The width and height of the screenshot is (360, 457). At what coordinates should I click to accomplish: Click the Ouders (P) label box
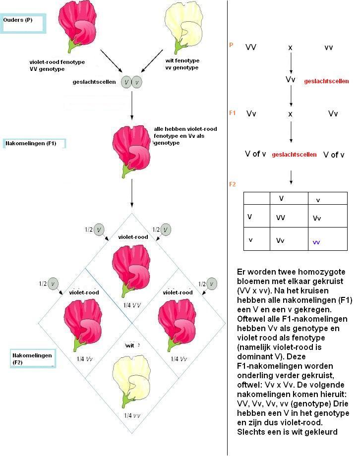point(23,23)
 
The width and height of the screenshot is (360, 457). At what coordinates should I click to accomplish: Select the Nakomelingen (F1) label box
point(34,143)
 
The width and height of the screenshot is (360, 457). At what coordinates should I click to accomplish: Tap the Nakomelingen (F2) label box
point(33,358)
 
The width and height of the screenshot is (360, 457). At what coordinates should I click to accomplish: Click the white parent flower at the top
point(183,27)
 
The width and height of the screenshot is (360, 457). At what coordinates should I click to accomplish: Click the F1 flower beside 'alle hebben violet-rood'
point(131,151)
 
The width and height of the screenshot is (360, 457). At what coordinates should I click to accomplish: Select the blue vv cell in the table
point(316,242)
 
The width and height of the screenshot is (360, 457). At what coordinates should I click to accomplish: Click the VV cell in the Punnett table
point(281,218)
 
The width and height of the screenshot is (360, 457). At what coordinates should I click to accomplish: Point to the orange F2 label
point(233,184)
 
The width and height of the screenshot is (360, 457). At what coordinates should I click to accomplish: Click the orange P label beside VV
point(231,45)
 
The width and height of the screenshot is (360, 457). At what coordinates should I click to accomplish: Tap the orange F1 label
point(233,113)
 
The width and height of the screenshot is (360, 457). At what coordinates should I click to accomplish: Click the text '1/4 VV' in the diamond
point(132,305)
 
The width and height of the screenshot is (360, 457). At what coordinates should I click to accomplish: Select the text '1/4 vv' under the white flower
point(132,415)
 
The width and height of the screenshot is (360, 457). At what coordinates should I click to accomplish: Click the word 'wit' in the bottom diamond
point(130,345)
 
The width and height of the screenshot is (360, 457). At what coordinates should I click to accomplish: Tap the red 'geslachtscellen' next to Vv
point(326,81)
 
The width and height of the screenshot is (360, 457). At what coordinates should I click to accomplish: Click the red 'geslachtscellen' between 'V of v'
point(294,155)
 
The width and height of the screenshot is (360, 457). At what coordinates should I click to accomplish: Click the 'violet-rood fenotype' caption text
point(57,62)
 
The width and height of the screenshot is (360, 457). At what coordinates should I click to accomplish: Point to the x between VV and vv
point(290,48)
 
